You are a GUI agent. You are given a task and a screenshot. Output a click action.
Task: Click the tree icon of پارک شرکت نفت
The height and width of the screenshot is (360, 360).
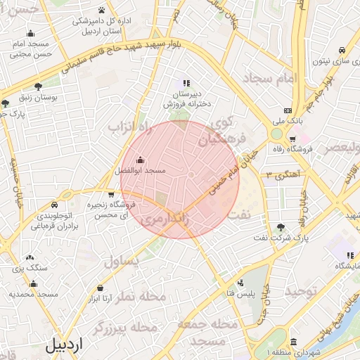pos(281,226)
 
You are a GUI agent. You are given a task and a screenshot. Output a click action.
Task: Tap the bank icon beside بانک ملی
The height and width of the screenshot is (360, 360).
pos(288,110)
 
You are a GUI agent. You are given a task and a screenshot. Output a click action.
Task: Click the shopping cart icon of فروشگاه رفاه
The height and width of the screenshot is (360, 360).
pos(292,139)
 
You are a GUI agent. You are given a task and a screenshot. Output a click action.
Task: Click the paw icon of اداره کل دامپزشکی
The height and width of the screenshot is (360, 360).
pos(102,11)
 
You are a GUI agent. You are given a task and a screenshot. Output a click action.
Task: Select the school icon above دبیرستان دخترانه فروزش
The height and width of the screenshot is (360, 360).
pos(187,82)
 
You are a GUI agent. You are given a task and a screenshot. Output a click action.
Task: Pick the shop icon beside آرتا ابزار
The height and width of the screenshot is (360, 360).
pos(102,288)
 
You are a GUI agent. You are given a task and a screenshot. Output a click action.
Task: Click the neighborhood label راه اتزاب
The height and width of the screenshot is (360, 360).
pos(130,127)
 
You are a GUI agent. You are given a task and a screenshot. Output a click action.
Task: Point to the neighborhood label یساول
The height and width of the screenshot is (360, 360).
pos(122,262)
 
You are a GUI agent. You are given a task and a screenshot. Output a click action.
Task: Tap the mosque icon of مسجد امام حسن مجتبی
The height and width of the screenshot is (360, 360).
pos(30,33)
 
